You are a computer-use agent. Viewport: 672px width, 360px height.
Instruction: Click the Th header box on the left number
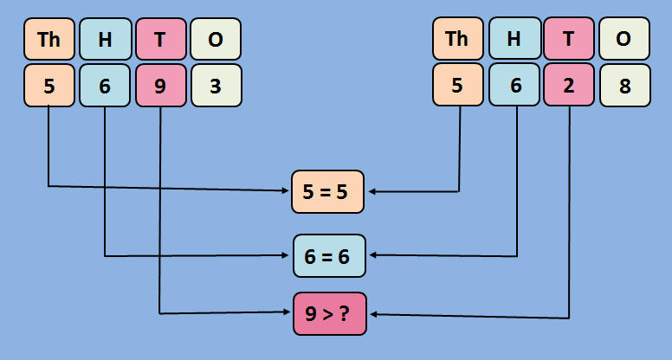[49, 39]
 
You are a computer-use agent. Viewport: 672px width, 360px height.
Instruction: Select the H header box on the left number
[105, 39]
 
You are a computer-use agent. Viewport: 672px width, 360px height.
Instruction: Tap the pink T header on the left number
[161, 39]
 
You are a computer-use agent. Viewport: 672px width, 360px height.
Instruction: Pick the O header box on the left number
[216, 39]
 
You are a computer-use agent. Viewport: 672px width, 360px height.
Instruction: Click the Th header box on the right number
[456, 39]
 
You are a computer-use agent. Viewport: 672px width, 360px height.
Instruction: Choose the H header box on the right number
[514, 39]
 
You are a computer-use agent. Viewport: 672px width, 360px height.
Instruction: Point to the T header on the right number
[569, 39]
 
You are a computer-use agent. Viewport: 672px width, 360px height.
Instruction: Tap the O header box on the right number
[624, 39]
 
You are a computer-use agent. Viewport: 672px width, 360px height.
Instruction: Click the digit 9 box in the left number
[161, 86]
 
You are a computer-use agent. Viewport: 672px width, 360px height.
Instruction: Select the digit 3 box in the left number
[216, 86]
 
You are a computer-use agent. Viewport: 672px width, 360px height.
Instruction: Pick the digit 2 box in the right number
[569, 86]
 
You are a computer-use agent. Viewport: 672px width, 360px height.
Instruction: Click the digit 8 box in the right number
[624, 86]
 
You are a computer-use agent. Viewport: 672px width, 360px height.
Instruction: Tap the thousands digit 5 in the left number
[49, 86]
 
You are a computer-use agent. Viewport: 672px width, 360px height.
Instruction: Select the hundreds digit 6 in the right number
[514, 86]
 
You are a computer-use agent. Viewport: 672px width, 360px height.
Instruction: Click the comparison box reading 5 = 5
[329, 191]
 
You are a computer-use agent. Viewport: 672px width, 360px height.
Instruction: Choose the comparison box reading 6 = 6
[329, 255]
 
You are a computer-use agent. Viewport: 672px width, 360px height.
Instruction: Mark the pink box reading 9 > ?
[329, 313]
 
